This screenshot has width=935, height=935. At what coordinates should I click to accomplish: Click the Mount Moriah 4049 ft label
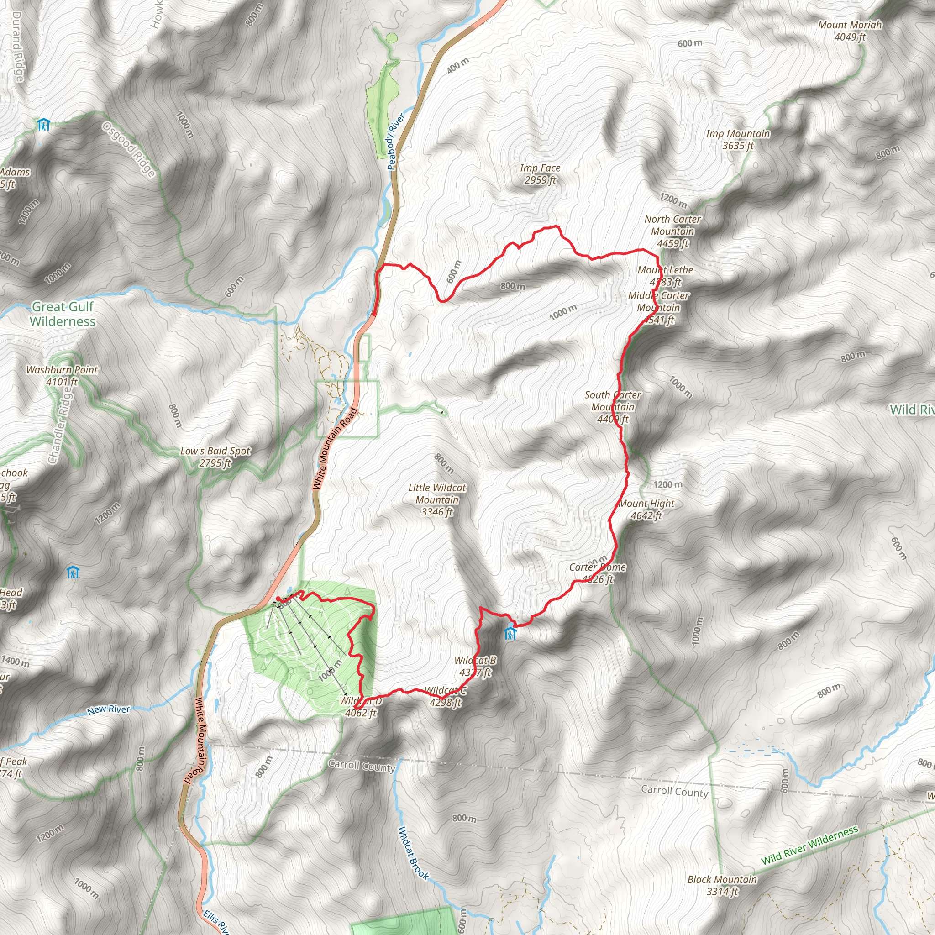click(849, 31)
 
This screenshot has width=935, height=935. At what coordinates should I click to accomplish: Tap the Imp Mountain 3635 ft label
click(738, 139)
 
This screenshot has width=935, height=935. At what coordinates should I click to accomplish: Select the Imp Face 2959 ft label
click(540, 174)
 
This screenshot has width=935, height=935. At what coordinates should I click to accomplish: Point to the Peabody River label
click(395, 142)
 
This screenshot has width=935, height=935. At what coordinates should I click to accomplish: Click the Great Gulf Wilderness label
click(63, 314)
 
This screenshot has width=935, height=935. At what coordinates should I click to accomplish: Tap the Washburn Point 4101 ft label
click(62, 376)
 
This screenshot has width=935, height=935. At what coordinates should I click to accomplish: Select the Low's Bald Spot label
click(215, 457)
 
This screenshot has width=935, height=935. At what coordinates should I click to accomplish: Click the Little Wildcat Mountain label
click(437, 499)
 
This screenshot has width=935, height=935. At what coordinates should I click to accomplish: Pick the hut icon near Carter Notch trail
click(510, 633)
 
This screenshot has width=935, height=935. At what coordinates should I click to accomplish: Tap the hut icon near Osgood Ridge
click(43, 125)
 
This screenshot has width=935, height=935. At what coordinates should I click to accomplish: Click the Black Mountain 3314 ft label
click(722, 885)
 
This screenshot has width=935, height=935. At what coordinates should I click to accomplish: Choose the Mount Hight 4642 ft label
click(646, 509)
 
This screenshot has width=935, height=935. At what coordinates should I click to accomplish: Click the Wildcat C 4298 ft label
click(445, 696)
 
